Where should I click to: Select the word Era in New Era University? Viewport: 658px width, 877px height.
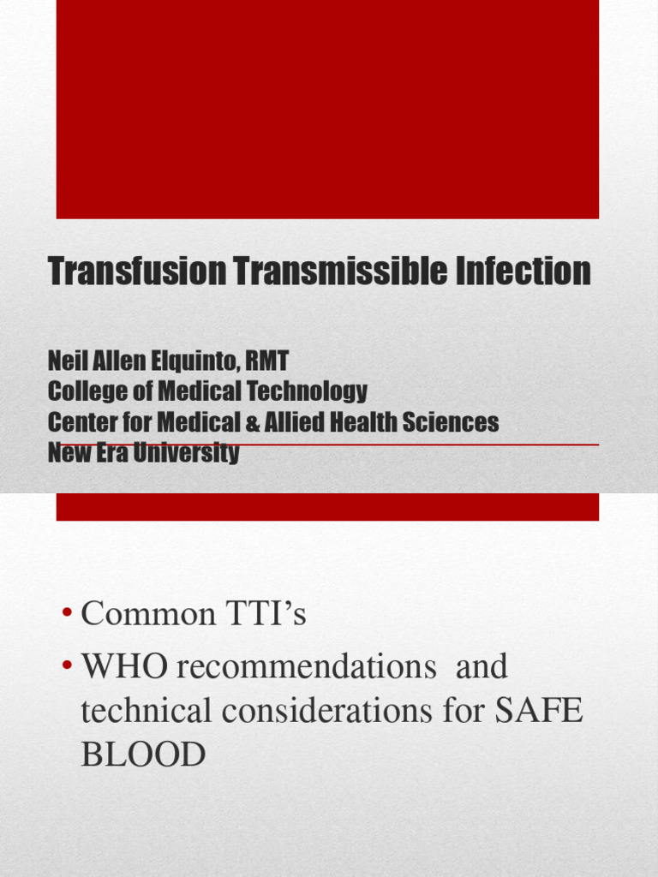(x=106, y=452)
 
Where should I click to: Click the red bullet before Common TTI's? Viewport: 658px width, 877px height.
(x=67, y=614)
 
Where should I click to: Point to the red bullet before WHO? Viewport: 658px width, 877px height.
(x=67, y=667)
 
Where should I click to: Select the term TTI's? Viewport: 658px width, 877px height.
(x=266, y=615)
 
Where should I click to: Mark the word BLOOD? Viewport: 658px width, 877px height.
(x=143, y=755)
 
